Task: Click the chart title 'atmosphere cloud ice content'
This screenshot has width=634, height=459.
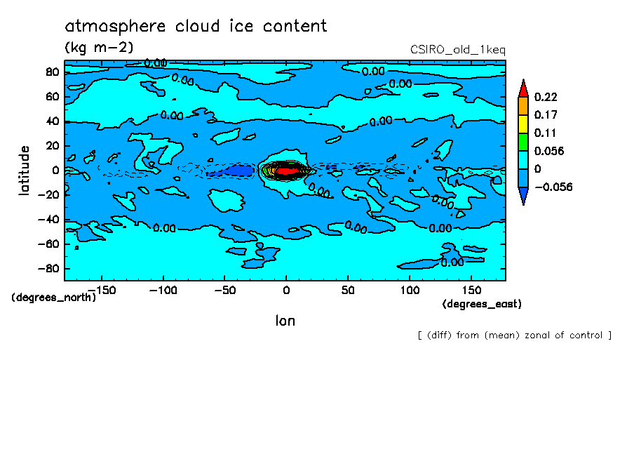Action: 196,27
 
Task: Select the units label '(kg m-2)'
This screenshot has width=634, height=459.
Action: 98,48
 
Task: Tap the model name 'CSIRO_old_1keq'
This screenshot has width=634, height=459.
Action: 457,50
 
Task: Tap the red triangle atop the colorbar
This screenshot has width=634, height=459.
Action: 522,88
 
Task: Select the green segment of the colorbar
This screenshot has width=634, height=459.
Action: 522,141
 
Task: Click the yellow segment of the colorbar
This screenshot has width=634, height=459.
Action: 522,123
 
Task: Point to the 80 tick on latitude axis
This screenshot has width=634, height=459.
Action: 51,72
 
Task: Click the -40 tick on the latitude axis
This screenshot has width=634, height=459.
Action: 48,219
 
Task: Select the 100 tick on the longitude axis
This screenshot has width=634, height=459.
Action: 410,289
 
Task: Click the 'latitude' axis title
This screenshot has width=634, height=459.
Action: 25,171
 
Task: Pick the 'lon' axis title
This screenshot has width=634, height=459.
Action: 285,321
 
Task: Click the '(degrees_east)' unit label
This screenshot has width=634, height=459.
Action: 482,304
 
